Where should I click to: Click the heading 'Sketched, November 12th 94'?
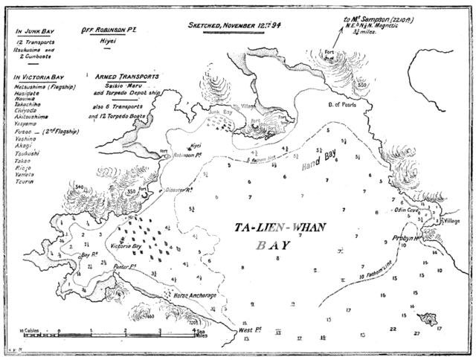[x=230, y=25]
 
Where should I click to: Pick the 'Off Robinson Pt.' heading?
[x=111, y=31]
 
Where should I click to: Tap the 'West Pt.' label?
[x=249, y=329]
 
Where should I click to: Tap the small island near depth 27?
[x=428, y=319]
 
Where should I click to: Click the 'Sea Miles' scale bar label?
[x=200, y=335]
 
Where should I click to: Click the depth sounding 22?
[x=392, y=327]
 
